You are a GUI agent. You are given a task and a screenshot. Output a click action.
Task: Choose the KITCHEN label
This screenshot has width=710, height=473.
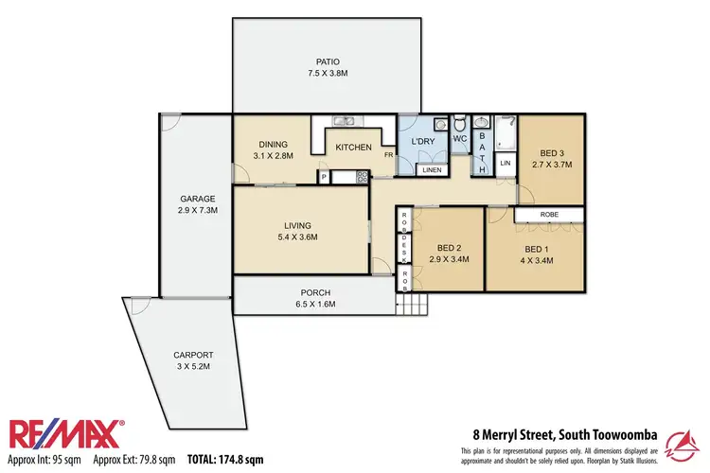click(x=353, y=148)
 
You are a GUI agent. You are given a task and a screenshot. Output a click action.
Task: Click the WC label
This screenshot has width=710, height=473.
click(x=460, y=139)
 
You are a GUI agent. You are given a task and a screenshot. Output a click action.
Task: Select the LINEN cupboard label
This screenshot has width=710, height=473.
click(x=432, y=170)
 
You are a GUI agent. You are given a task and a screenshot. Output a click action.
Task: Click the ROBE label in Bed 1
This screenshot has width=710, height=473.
click(x=550, y=216)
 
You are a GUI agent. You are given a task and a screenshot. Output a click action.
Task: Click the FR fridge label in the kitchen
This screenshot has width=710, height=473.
click(x=388, y=154)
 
